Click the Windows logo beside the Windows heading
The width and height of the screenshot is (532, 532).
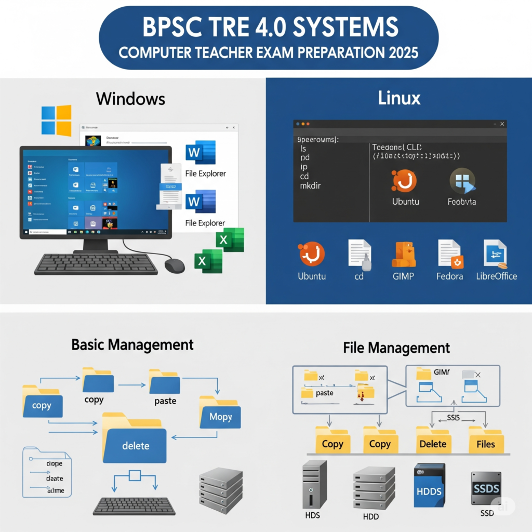coord(56,121)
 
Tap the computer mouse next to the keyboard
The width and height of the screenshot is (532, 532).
coord(175,265)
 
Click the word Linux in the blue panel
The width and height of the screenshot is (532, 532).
coord(400,98)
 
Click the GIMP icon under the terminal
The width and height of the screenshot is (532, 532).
coord(403,255)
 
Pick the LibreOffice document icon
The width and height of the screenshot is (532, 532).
coord(495,254)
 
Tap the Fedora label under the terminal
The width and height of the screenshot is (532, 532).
coord(449,276)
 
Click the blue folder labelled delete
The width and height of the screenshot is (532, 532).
coord(135,438)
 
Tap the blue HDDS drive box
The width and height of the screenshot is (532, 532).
coord(429,485)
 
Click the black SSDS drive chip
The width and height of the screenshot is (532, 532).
coord(486,488)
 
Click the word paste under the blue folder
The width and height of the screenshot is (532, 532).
coord(165,401)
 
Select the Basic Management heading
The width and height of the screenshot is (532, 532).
coord(132,344)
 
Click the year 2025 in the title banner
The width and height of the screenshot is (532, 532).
coord(400,53)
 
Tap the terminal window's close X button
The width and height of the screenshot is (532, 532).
coord(502,124)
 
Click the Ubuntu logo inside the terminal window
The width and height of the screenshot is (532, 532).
coord(404,181)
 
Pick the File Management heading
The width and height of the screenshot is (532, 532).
coord(396,348)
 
